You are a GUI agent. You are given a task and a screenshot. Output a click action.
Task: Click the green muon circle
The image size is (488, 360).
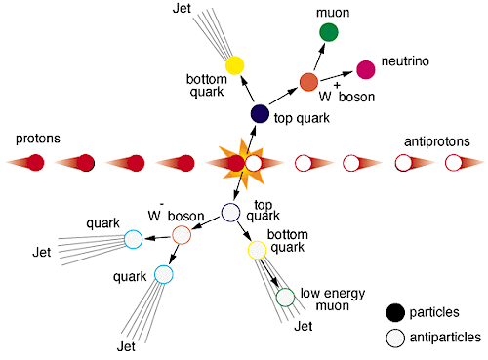click(x=328, y=33)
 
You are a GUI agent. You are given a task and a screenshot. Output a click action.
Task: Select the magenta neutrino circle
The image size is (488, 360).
click(x=366, y=68)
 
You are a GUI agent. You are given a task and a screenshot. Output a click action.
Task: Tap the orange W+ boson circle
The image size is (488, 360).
click(x=308, y=82)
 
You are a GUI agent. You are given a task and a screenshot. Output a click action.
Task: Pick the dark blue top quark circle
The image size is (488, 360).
click(x=260, y=114)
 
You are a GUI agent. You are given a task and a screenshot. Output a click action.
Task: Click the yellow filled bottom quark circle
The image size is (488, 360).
click(x=234, y=65)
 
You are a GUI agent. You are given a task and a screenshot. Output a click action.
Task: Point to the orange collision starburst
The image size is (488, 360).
click(x=234, y=161)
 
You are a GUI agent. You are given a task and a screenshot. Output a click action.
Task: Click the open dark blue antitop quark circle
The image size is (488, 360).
click(x=231, y=212)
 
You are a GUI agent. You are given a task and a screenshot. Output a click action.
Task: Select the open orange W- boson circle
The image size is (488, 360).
click(x=182, y=234)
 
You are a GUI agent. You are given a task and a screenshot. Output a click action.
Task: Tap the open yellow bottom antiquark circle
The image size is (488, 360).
click(x=257, y=251)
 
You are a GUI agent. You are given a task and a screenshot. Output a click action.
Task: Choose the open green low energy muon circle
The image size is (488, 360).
click(x=285, y=297)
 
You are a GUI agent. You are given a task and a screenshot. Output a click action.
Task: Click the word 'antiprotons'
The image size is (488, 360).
click(x=436, y=142)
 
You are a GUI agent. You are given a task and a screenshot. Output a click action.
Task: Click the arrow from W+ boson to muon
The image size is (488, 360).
click(x=318, y=59)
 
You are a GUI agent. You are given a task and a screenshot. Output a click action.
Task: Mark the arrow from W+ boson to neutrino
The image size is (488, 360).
click(x=337, y=75)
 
